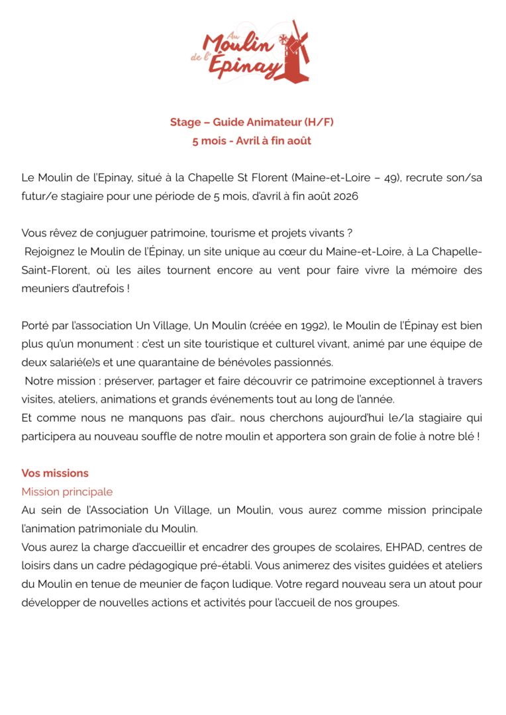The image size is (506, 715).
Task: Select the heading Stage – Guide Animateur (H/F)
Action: click(252, 122)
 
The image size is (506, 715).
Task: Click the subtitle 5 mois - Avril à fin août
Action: click(252, 140)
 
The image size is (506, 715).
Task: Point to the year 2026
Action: click(347, 197)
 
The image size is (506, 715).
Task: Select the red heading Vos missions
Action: click(55, 473)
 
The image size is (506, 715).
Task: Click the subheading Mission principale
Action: click(67, 492)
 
